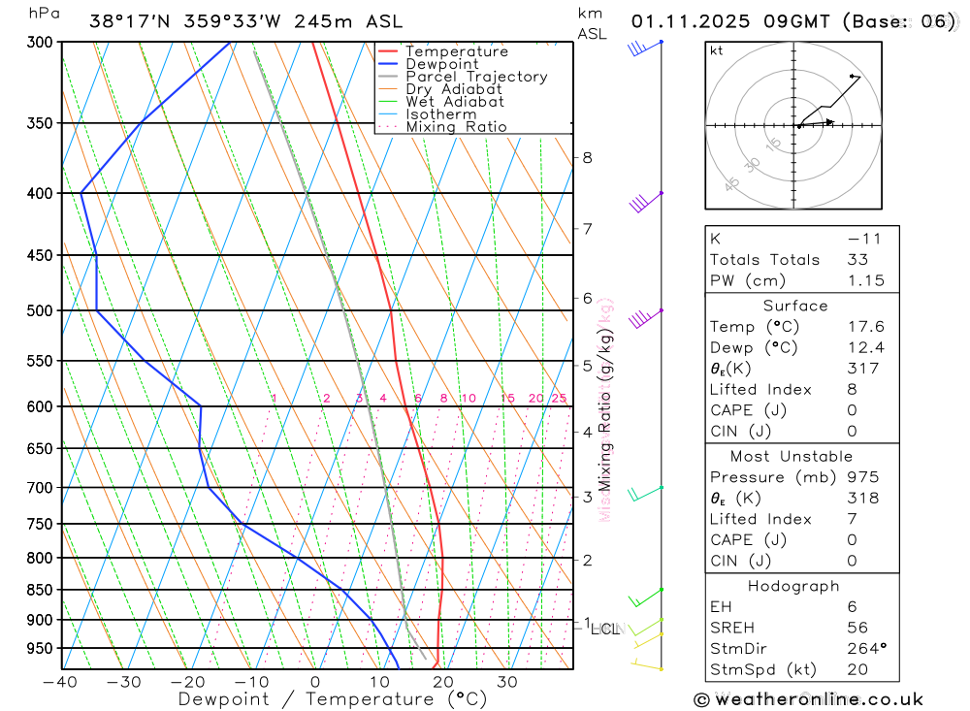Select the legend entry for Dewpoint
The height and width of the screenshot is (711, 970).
tap(442, 64)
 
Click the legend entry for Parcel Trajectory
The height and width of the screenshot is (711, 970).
tap(476, 77)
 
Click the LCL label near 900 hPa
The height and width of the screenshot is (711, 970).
tap(604, 629)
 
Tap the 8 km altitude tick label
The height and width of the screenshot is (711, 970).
tap(587, 157)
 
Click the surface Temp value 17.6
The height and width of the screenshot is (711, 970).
tap(865, 327)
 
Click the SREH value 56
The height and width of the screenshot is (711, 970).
tap(857, 628)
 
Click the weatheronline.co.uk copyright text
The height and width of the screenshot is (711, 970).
tap(809, 698)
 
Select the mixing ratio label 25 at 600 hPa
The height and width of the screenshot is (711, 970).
tap(559, 399)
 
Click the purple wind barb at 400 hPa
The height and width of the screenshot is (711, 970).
tap(640, 203)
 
